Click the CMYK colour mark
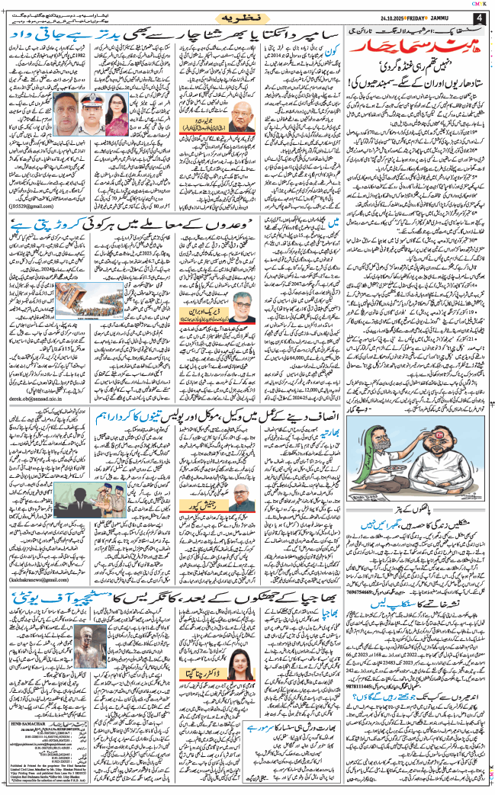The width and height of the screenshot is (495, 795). pos(485,3)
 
